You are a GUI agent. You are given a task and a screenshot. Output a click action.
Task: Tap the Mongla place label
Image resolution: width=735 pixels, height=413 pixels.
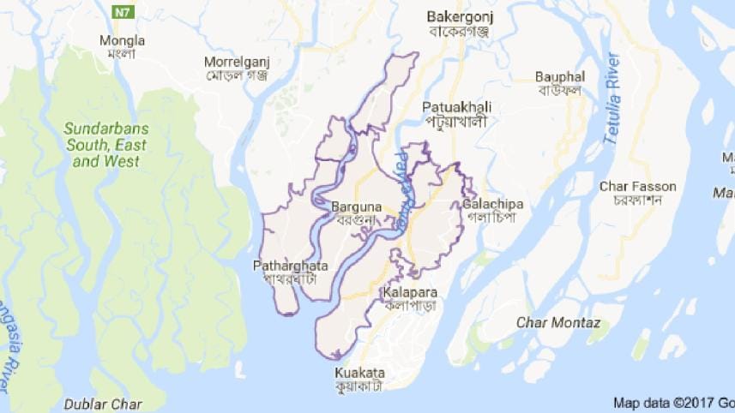pyautogui.click(x=123, y=40)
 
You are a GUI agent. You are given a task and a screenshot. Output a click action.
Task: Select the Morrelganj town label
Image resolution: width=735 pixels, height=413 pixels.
pyautogui.click(x=236, y=62)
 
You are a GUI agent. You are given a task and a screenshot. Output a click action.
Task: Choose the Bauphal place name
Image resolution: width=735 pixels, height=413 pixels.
pyautogui.click(x=558, y=75)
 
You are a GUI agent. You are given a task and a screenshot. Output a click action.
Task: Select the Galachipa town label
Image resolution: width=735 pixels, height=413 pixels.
pyautogui.click(x=492, y=204)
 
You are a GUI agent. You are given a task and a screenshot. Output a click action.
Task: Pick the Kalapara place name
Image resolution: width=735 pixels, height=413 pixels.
pyautogui.click(x=409, y=292)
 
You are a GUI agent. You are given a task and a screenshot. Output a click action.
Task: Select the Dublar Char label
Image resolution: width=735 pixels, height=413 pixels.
pyautogui.click(x=103, y=404)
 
